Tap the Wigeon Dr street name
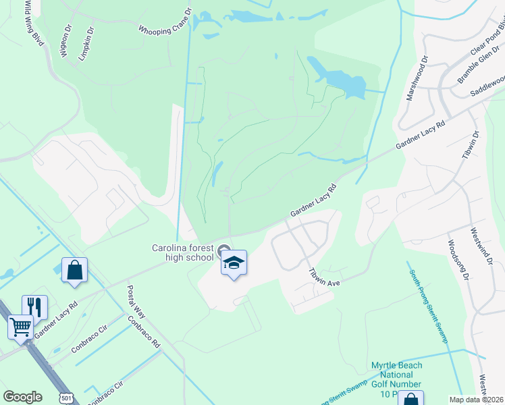point(66,42)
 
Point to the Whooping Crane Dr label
point(165,22)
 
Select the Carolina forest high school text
point(182,252)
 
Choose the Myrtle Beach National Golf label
point(397,379)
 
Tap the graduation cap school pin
point(234,263)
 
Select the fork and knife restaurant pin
point(34,307)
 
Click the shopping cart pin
point(20,327)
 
